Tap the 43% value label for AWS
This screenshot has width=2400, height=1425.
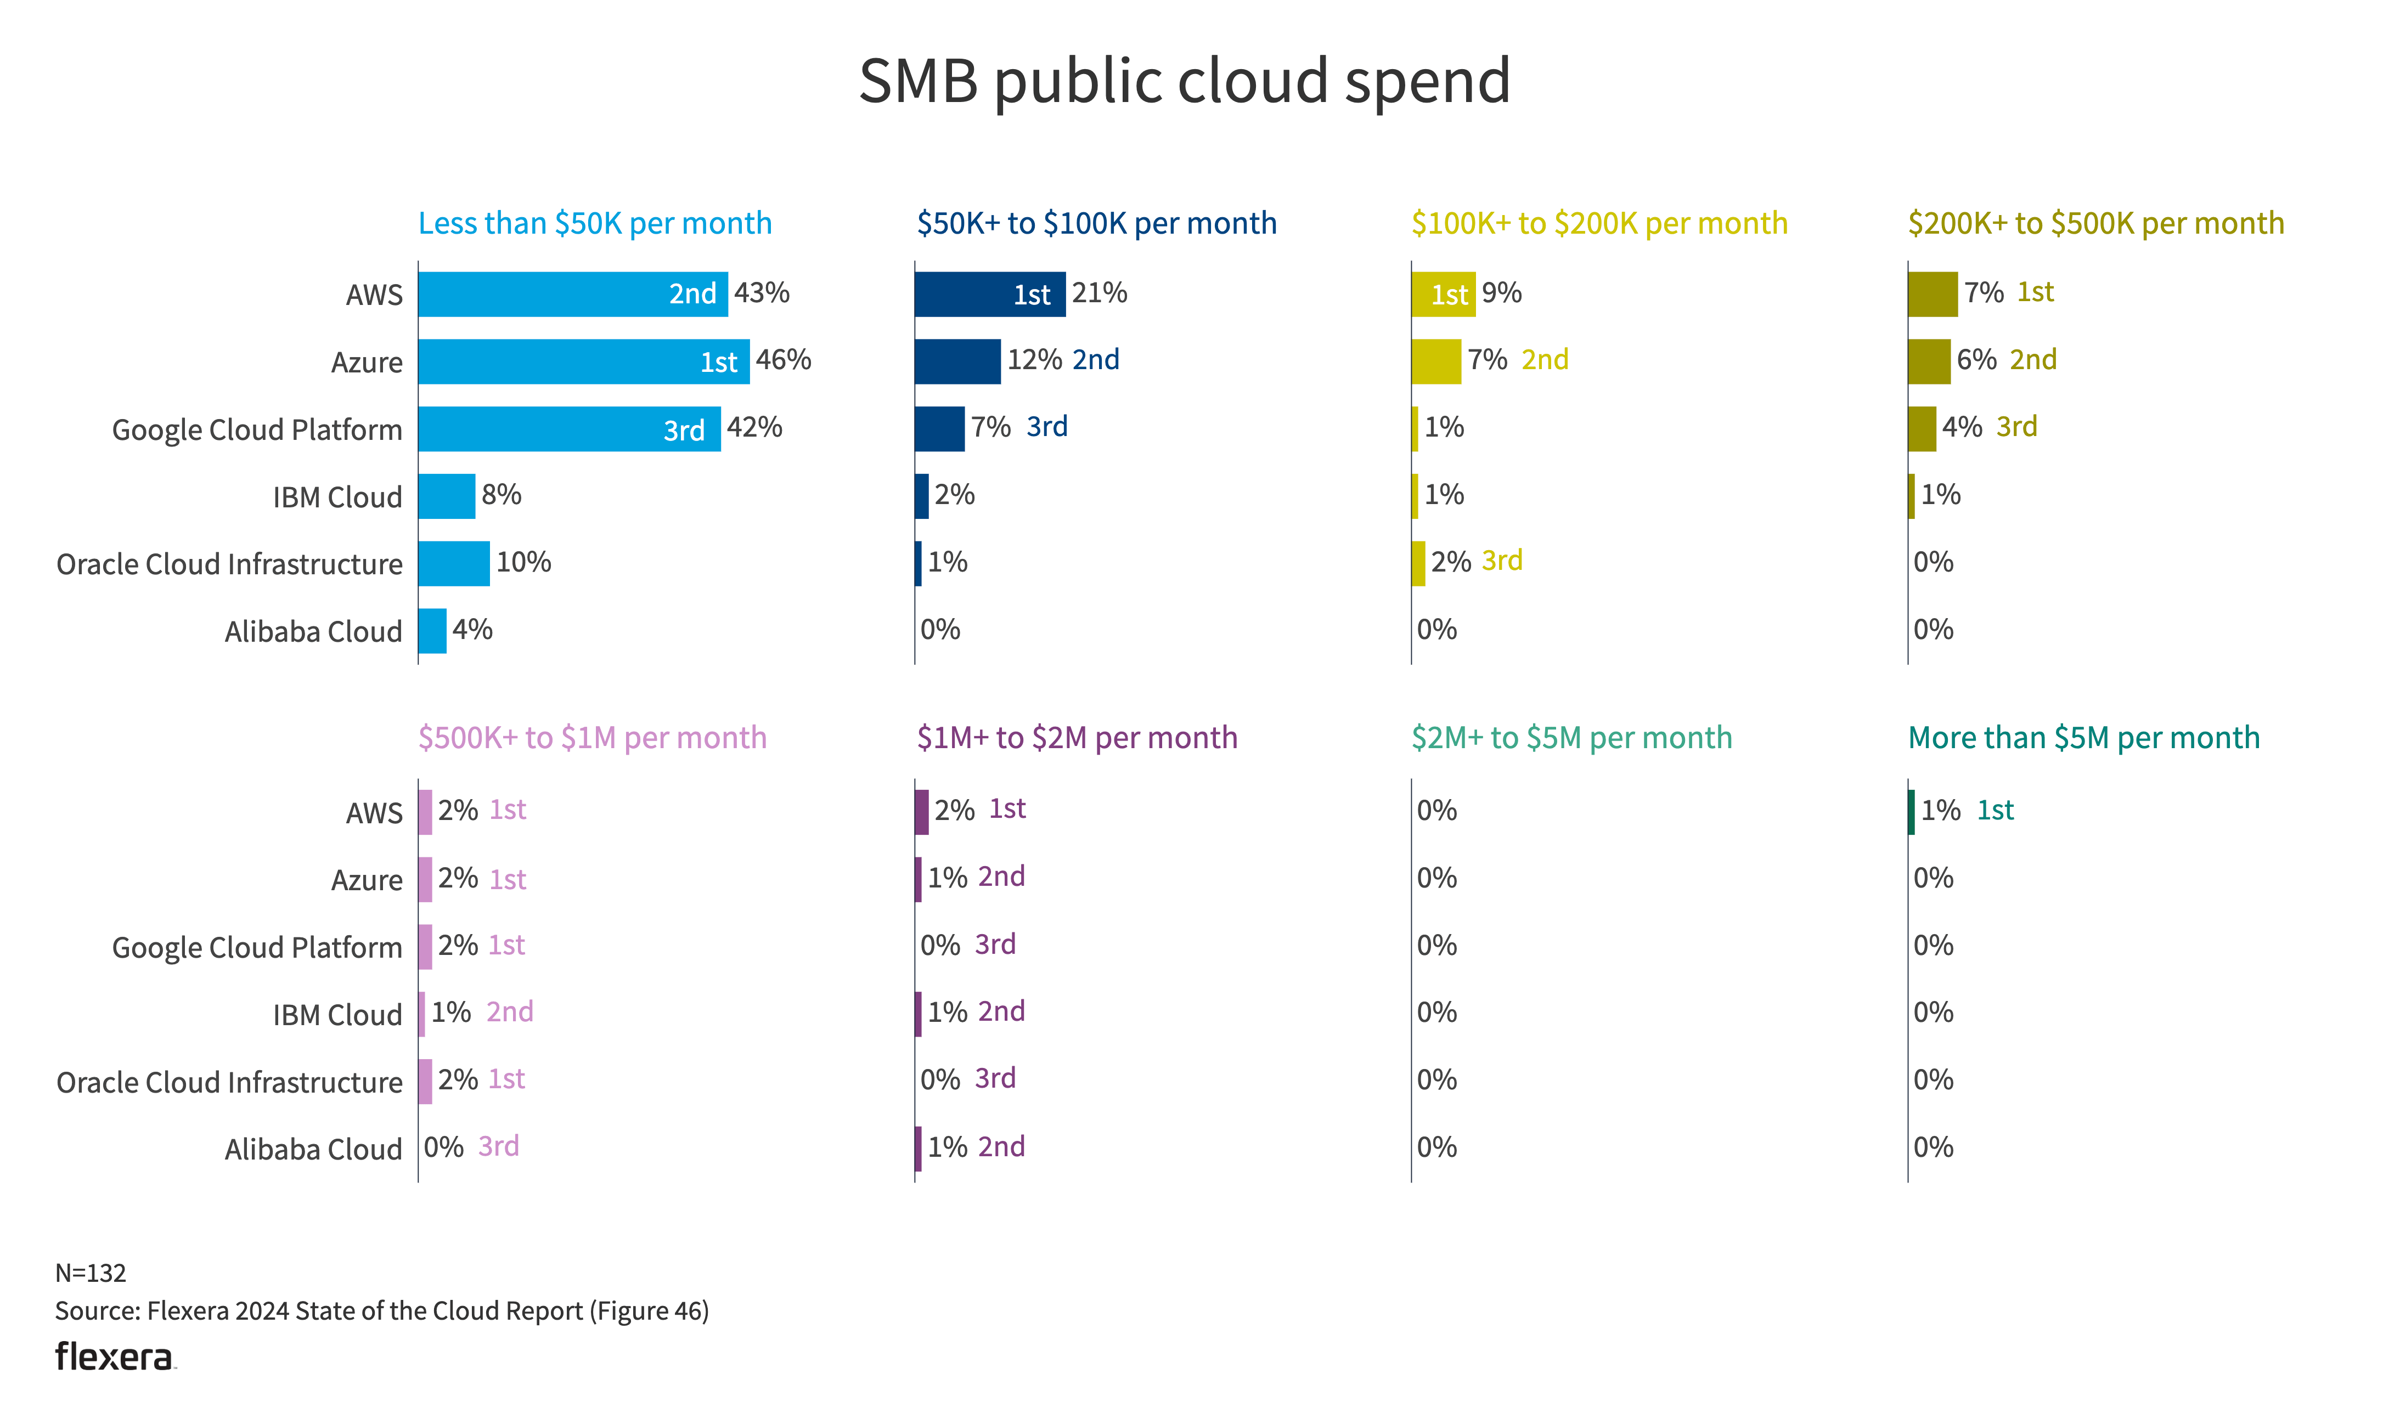[762, 293]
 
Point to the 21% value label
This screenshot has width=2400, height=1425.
[1100, 293]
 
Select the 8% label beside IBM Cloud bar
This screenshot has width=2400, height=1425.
[502, 495]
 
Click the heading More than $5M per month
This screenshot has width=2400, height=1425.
[2083, 738]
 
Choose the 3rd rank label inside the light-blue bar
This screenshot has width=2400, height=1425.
[684, 430]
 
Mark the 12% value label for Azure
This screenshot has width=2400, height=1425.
[1034, 360]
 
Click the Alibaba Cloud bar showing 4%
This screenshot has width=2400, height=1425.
[432, 631]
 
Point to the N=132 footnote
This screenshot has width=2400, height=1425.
[91, 1273]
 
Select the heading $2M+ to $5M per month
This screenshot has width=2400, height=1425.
[1571, 738]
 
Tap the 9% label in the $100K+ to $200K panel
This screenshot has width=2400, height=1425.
[1501, 293]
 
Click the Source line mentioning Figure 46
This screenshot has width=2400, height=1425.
[381, 1311]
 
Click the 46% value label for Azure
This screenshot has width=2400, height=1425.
[784, 360]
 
